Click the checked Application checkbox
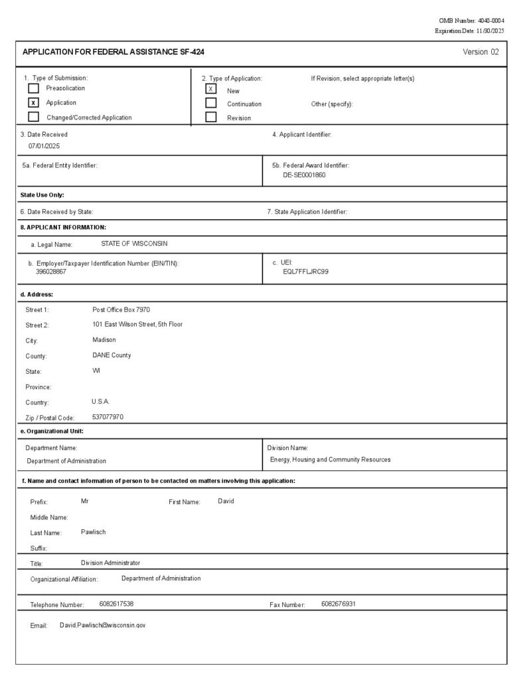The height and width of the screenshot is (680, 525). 33,102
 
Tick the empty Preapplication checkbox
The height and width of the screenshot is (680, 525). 33,88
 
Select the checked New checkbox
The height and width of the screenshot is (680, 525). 211,89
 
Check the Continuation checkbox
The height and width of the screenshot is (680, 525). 211,103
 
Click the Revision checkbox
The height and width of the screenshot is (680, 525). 211,117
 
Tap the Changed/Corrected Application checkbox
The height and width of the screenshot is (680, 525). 33,117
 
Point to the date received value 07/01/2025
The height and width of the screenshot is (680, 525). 44,145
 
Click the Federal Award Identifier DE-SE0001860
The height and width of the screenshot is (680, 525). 304,175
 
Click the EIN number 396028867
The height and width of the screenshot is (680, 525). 51,272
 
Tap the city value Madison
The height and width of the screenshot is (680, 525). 104,339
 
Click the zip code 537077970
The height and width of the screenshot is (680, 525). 108,417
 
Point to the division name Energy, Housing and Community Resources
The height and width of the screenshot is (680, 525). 330,460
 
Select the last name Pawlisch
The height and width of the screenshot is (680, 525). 94,532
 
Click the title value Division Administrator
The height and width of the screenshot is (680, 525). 110,562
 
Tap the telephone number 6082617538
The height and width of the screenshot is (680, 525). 116,604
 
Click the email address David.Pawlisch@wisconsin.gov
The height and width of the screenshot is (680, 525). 103,626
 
